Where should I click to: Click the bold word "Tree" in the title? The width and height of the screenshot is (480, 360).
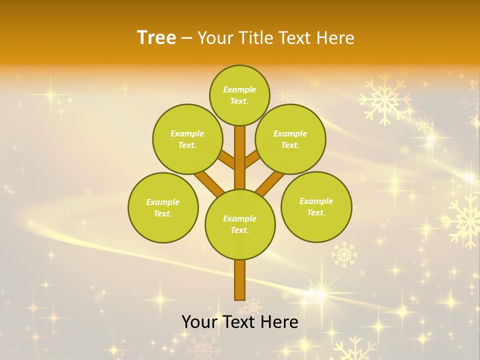156,37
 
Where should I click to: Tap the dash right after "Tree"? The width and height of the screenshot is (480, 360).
186,38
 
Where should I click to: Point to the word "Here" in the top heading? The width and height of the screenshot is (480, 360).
335,38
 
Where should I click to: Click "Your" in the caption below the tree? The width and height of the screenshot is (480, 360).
198,322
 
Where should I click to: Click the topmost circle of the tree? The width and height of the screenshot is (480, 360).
239,95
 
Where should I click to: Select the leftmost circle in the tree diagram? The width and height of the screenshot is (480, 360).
163,207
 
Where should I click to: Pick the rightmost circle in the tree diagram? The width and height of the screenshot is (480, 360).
316,206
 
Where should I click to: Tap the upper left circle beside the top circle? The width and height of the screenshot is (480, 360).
187,139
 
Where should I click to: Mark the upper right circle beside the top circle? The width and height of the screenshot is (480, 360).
290,139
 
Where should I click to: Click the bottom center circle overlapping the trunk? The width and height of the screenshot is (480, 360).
239,224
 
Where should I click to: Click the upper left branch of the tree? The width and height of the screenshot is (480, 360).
226,159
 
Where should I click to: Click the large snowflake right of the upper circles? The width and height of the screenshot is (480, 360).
384,99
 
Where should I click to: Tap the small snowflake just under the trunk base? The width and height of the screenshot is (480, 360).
253,306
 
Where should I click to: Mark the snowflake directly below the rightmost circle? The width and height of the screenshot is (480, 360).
344,254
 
